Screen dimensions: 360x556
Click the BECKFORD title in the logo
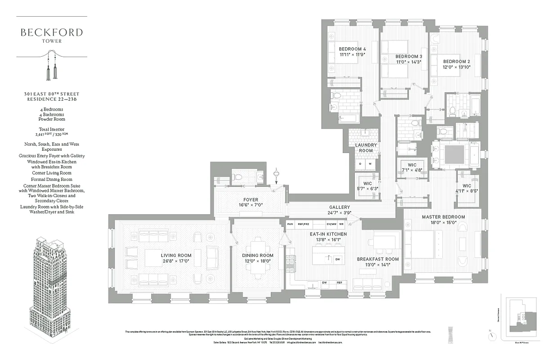51,32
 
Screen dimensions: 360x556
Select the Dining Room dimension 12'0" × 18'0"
258,261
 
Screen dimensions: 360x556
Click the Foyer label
251,199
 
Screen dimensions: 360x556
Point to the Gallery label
340,207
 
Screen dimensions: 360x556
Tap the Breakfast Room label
377,259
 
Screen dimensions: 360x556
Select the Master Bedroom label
443,217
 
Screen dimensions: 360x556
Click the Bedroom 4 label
352,49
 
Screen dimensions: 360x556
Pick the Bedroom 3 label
408,56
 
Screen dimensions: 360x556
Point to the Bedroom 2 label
456,61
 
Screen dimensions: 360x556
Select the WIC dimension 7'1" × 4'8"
412,171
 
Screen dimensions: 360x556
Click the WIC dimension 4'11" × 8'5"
466,191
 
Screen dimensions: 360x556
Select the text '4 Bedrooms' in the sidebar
51,109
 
